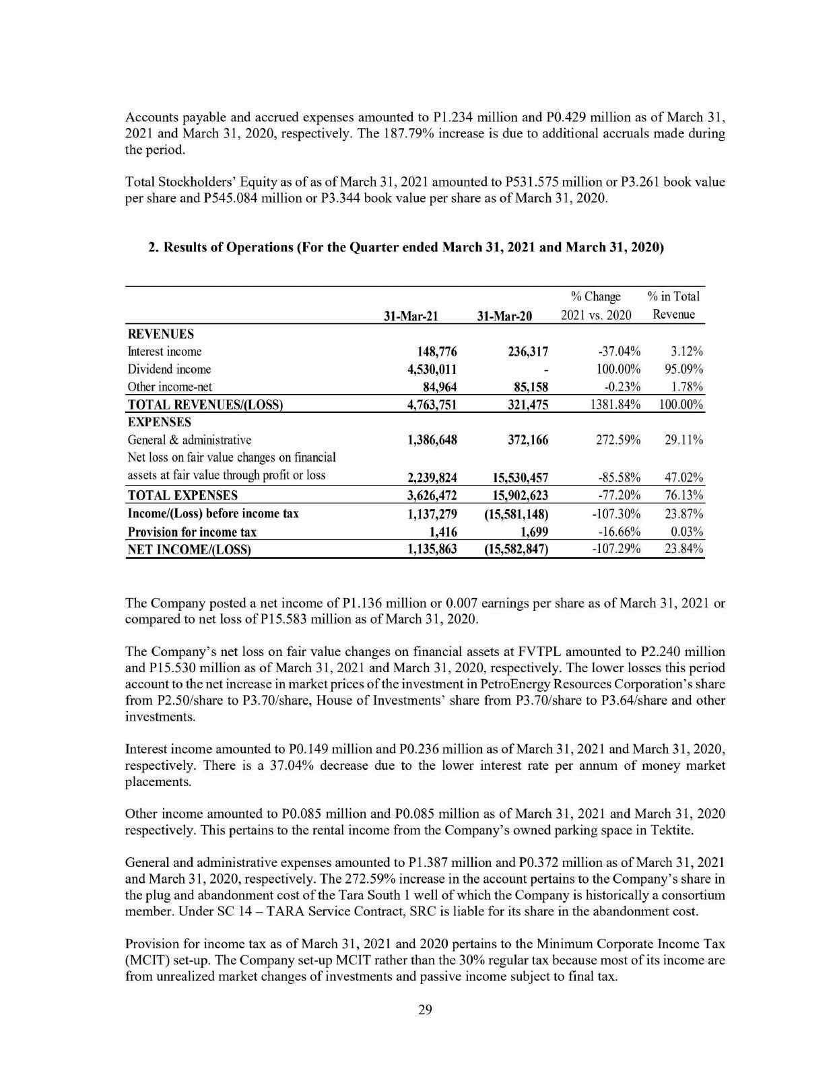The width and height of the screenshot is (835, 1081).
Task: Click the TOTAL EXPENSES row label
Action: pyautogui.click(x=182, y=495)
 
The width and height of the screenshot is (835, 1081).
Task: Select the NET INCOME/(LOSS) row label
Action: pyautogui.click(x=189, y=549)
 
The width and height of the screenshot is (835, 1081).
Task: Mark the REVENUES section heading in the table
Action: pyautogui.click(x=160, y=334)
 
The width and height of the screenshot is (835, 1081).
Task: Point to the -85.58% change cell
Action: pyautogui.click(x=617, y=478)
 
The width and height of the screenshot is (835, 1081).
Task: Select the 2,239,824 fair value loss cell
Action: pyautogui.click(x=433, y=478)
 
